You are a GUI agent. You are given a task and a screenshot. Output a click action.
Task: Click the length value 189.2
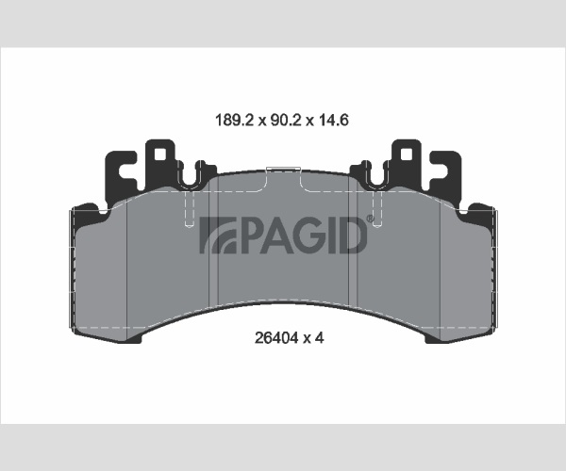[x=235, y=120]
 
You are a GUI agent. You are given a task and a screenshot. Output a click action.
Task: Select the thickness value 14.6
[x=333, y=120]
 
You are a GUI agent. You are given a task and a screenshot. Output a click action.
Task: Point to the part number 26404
[x=276, y=338]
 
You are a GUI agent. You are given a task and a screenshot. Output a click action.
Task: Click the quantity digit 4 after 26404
[x=320, y=338]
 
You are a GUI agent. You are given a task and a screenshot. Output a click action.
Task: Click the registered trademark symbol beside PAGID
[x=371, y=219]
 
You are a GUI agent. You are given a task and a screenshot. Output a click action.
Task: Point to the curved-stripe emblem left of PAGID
[x=218, y=235]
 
